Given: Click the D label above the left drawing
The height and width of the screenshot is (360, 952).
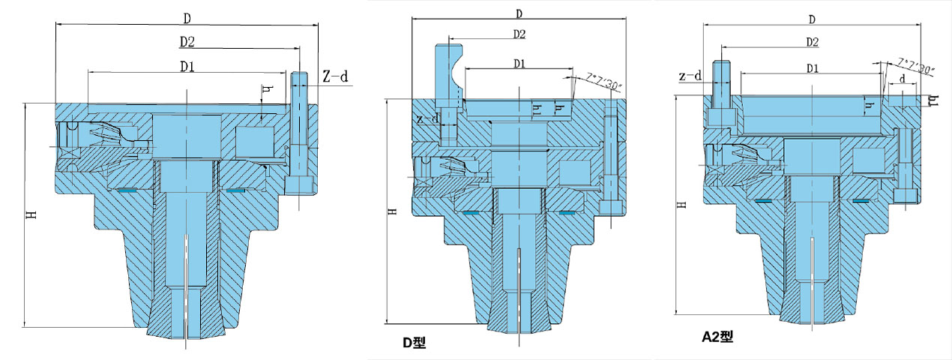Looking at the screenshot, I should click(187, 16).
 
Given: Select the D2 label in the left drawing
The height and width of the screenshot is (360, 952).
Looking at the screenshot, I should click(188, 41).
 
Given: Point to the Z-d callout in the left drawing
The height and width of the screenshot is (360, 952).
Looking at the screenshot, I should click(335, 76).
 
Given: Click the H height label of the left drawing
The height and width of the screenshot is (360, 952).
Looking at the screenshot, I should click(31, 214).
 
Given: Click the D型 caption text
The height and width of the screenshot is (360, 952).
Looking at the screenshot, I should click(414, 343).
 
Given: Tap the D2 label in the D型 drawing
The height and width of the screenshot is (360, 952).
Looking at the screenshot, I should click(519, 34).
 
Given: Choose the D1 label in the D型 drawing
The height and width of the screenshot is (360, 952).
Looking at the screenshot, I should click(519, 63).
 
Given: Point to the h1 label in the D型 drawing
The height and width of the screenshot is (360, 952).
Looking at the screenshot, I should click(536, 109).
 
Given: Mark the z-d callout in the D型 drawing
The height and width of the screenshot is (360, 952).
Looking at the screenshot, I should click(428, 118).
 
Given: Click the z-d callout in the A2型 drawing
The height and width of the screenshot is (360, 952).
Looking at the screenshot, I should click(690, 76).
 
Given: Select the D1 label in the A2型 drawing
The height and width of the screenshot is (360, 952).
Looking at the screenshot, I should click(811, 68).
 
